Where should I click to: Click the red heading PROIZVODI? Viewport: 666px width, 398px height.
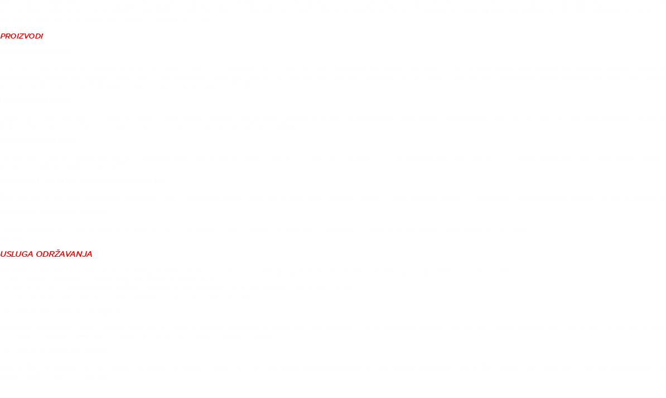click(22, 36)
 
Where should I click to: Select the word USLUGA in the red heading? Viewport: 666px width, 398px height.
click(17, 255)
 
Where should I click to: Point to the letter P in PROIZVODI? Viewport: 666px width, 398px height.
click(3, 36)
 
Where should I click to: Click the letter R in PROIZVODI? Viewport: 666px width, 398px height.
click(8, 36)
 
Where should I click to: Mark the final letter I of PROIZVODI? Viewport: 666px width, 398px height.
click(42, 36)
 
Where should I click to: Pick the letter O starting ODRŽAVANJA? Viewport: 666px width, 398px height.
click(39, 255)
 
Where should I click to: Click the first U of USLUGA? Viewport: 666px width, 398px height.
click(3, 255)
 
